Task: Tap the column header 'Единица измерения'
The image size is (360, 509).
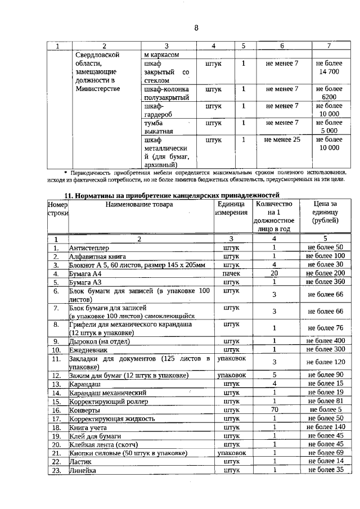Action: click(x=231, y=209)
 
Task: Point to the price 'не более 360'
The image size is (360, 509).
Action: click(x=325, y=281)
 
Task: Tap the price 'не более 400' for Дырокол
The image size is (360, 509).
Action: click(x=325, y=341)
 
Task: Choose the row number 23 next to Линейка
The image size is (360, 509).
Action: click(x=56, y=470)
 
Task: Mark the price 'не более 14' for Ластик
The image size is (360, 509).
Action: click(x=325, y=461)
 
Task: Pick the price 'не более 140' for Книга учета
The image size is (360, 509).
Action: click(x=325, y=427)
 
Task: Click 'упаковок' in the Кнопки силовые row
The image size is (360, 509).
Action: click(x=231, y=452)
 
